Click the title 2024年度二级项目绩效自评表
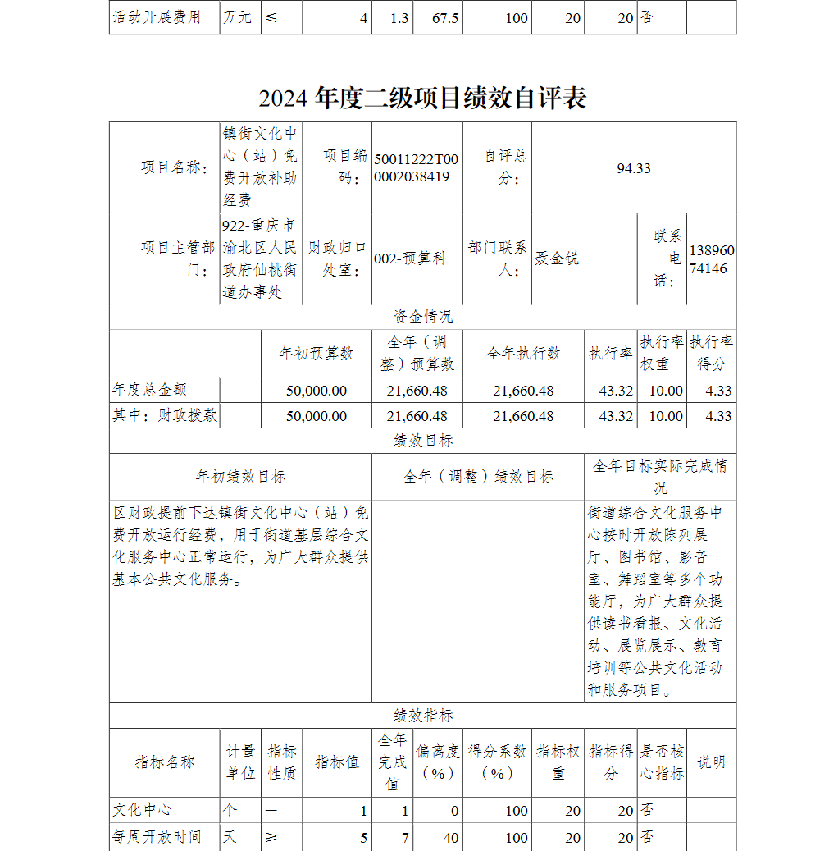click(422, 98)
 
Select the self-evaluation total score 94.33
click(633, 168)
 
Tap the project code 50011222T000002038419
click(417, 168)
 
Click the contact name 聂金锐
click(557, 259)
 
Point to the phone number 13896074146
click(712, 259)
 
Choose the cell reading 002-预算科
click(410, 259)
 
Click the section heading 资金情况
click(422, 317)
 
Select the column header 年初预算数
click(317, 354)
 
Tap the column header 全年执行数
click(523, 354)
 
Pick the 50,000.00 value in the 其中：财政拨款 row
click(317, 416)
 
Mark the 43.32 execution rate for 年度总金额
click(616, 391)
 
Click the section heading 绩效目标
click(422, 442)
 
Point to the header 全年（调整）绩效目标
click(478, 477)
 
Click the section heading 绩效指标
click(422, 716)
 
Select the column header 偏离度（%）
click(437, 762)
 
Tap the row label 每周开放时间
click(157, 838)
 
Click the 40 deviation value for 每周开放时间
click(450, 838)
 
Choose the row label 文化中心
click(142, 811)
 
